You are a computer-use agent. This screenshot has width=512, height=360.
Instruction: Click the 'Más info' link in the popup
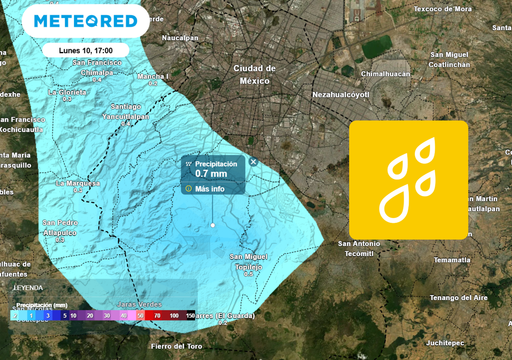209,188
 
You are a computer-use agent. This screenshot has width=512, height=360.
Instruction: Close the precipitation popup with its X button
253,161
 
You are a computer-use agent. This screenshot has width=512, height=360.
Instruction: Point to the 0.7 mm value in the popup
210,174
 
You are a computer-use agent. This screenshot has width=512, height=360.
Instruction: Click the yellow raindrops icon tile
408,180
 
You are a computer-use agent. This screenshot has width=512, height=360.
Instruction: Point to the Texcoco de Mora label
442,9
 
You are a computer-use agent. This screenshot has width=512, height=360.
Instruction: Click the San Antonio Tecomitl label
359,248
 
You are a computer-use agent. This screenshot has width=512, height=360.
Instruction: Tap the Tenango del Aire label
458,297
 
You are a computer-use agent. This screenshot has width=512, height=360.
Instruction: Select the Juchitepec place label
444,342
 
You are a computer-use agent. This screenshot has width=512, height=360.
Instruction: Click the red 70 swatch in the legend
157,315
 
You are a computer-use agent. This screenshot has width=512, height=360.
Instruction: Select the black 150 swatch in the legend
189,315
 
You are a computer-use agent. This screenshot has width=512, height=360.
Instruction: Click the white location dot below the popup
212,225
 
